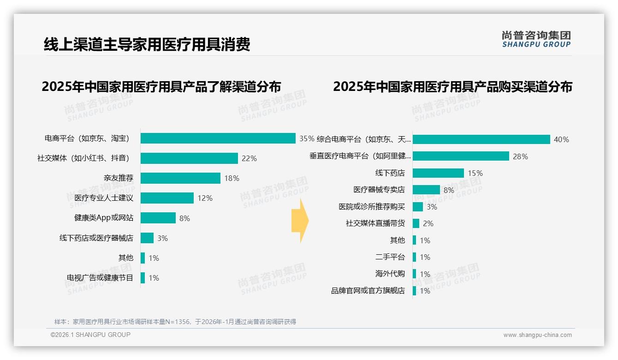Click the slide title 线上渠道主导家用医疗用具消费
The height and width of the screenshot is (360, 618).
tap(147, 44)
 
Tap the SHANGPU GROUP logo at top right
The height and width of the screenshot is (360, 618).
tap(536, 39)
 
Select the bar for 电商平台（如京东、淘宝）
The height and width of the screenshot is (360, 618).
tap(218, 138)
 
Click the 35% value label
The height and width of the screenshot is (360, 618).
tap(306, 138)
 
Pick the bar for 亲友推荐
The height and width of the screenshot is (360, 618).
tap(180, 178)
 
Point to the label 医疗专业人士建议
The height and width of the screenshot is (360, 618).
tap(104, 198)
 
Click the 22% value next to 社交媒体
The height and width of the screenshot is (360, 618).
tap(249, 158)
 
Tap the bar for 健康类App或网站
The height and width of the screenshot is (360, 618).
tap(158, 218)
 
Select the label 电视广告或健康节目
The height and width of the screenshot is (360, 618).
tap(100, 278)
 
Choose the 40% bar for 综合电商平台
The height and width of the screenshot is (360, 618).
tap(481, 139)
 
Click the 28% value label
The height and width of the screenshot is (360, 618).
tap(520, 156)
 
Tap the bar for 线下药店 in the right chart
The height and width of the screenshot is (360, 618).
tap(438, 173)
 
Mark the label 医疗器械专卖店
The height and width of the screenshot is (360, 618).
tap(379, 190)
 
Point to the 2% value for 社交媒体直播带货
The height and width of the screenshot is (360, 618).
tap(428, 223)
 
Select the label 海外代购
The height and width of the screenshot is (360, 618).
tap(390, 274)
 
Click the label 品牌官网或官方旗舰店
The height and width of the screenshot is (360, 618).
tap(368, 291)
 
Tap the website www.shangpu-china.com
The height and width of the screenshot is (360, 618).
tap(537, 335)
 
